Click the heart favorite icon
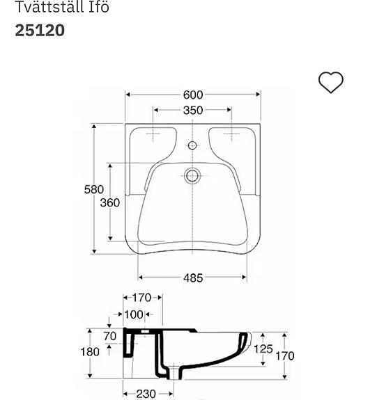(330, 82)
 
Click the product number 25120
(40, 31)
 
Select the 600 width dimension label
(193, 95)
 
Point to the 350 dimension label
(193, 110)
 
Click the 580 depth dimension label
(93, 189)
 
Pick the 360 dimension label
(109, 202)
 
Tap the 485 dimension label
(193, 278)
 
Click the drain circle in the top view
(193, 175)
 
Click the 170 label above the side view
(142, 298)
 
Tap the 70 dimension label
(109, 336)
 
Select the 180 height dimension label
(90, 352)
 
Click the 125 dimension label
(263, 349)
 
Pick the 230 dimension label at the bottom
(146, 394)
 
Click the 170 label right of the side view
(284, 356)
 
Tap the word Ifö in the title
(99, 8)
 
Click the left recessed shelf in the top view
(154, 140)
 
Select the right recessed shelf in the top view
(231, 140)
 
